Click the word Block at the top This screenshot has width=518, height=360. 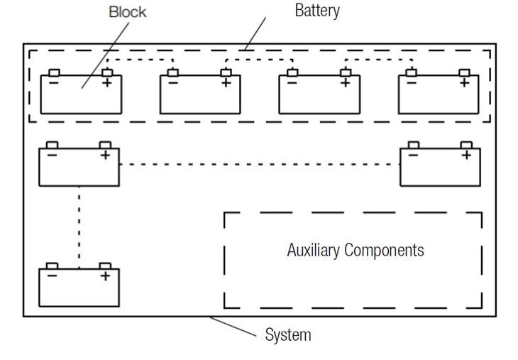coord(128,12)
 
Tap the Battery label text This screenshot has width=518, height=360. coord(317,11)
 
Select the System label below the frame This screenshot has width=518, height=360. coord(287,334)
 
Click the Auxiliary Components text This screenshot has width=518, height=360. coord(356,250)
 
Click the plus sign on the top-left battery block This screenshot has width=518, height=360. coord(107,83)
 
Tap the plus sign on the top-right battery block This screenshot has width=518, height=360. coord(464,83)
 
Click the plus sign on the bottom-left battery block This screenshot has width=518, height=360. coord(105,276)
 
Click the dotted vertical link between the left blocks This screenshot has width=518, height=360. coord(79,226)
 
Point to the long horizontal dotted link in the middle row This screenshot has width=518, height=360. coord(259,165)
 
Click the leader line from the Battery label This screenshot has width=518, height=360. coord(255,32)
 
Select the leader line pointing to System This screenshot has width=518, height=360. coord(234,325)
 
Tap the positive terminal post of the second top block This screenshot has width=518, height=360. coord(226,72)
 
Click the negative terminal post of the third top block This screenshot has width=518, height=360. coord(292,72)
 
